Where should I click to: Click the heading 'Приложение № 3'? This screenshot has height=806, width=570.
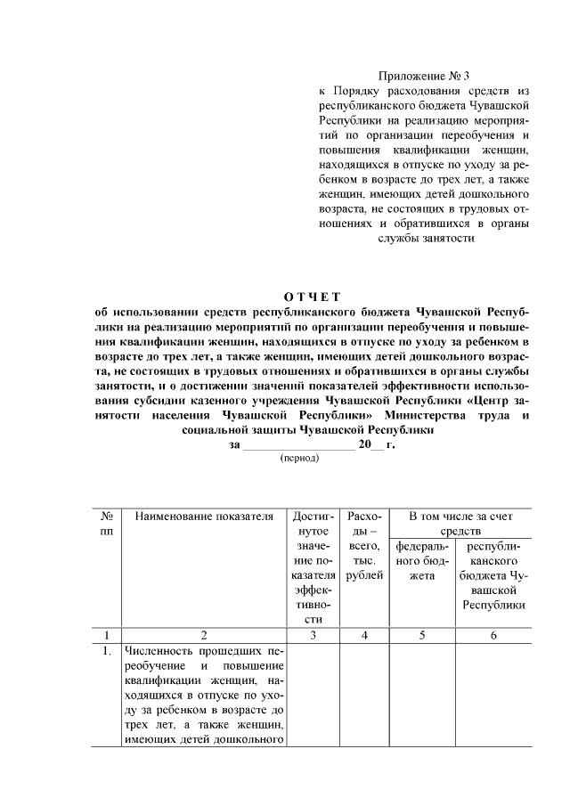[423, 77]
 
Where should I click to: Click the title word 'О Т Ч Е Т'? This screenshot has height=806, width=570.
[312, 296]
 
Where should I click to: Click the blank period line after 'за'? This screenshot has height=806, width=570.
[298, 443]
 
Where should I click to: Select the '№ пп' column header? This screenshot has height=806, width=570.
[106, 524]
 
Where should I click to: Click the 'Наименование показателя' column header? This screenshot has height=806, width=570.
[204, 517]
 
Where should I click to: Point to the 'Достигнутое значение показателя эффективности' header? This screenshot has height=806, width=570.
[313, 567]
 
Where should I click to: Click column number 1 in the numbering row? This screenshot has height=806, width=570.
[106, 635]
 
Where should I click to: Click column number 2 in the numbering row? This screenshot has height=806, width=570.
[204, 635]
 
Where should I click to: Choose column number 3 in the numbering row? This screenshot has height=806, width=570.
[313, 635]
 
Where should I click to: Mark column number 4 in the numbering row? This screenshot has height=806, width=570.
[365, 635]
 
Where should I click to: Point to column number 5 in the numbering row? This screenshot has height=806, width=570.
[422, 635]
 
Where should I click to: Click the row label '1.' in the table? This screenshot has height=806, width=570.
[105, 651]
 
